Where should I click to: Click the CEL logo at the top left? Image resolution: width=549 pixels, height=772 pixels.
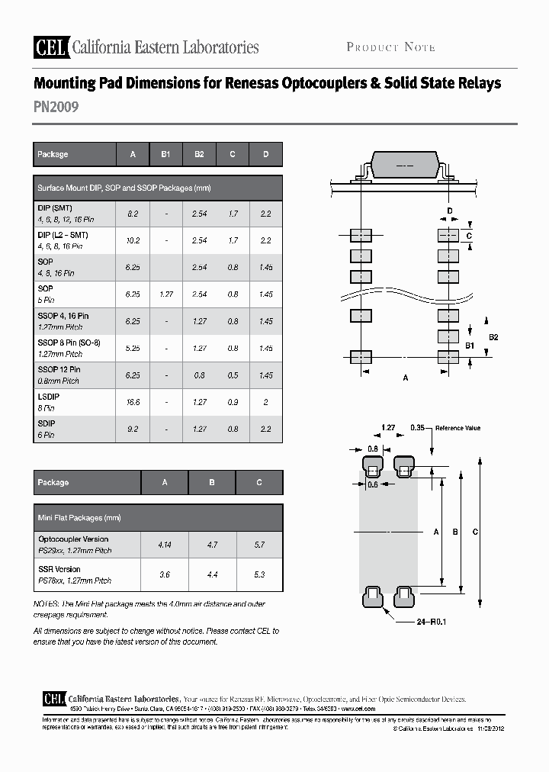coord(50,47)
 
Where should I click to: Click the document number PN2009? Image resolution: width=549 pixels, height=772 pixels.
coord(56,108)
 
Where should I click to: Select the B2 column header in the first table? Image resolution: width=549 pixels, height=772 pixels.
coord(199,154)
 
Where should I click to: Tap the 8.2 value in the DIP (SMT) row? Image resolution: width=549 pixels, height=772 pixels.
coord(133,214)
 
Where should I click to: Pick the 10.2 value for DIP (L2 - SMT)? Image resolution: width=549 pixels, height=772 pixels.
coord(133,241)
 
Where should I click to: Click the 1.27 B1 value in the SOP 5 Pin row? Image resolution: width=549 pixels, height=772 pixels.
coord(165,294)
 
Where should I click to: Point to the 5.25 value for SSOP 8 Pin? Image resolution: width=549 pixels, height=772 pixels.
coord(133,348)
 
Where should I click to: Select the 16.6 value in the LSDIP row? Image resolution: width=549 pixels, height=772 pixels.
coord(133,402)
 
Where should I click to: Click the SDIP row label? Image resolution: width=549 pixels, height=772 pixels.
coord(47,423)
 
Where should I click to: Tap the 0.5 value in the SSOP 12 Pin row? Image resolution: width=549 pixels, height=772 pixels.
coord(233,375)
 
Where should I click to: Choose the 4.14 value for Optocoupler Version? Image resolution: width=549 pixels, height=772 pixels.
coord(165,545)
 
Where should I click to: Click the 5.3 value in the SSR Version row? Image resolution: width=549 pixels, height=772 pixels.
coord(259,574)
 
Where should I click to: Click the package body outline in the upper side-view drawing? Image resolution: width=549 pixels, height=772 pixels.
coord(405,166)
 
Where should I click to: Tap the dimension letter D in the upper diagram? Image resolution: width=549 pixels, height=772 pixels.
coord(450,211)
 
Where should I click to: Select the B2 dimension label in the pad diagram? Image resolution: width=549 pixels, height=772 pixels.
coord(493,336)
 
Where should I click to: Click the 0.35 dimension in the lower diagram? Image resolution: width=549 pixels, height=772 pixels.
coord(417,428)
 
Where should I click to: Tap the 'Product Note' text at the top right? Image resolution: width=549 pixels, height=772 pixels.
coord(390,47)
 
